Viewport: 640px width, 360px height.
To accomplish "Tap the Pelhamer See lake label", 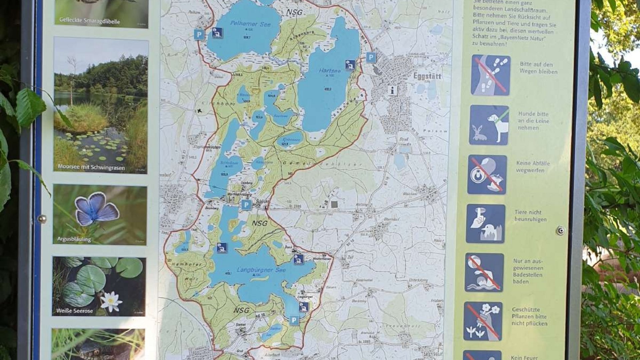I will (251, 24).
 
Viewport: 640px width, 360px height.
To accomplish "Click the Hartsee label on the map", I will (330, 71).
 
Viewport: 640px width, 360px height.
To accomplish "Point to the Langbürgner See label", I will (261, 270).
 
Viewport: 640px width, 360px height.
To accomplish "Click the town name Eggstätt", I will (427, 76).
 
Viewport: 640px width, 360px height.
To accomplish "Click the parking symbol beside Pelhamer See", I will (199, 34).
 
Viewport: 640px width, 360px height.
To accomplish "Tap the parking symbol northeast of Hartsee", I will (371, 57).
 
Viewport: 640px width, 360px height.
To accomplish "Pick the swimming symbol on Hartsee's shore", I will (350, 65).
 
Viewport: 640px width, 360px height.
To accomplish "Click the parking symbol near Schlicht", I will (246, 205).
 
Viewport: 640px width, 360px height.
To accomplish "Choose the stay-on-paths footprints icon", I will (490, 75).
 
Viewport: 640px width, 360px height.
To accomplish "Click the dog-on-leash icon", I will (489, 125).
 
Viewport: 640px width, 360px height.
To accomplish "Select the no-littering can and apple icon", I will (487, 174).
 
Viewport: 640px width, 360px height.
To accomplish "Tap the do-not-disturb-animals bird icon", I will (485, 224).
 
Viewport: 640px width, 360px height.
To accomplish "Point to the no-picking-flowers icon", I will (483, 321).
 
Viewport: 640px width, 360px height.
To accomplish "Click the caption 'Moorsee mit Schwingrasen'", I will (91, 167).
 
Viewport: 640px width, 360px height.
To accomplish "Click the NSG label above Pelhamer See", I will (294, 13).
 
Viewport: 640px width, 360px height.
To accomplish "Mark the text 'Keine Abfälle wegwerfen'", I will (533, 167).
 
